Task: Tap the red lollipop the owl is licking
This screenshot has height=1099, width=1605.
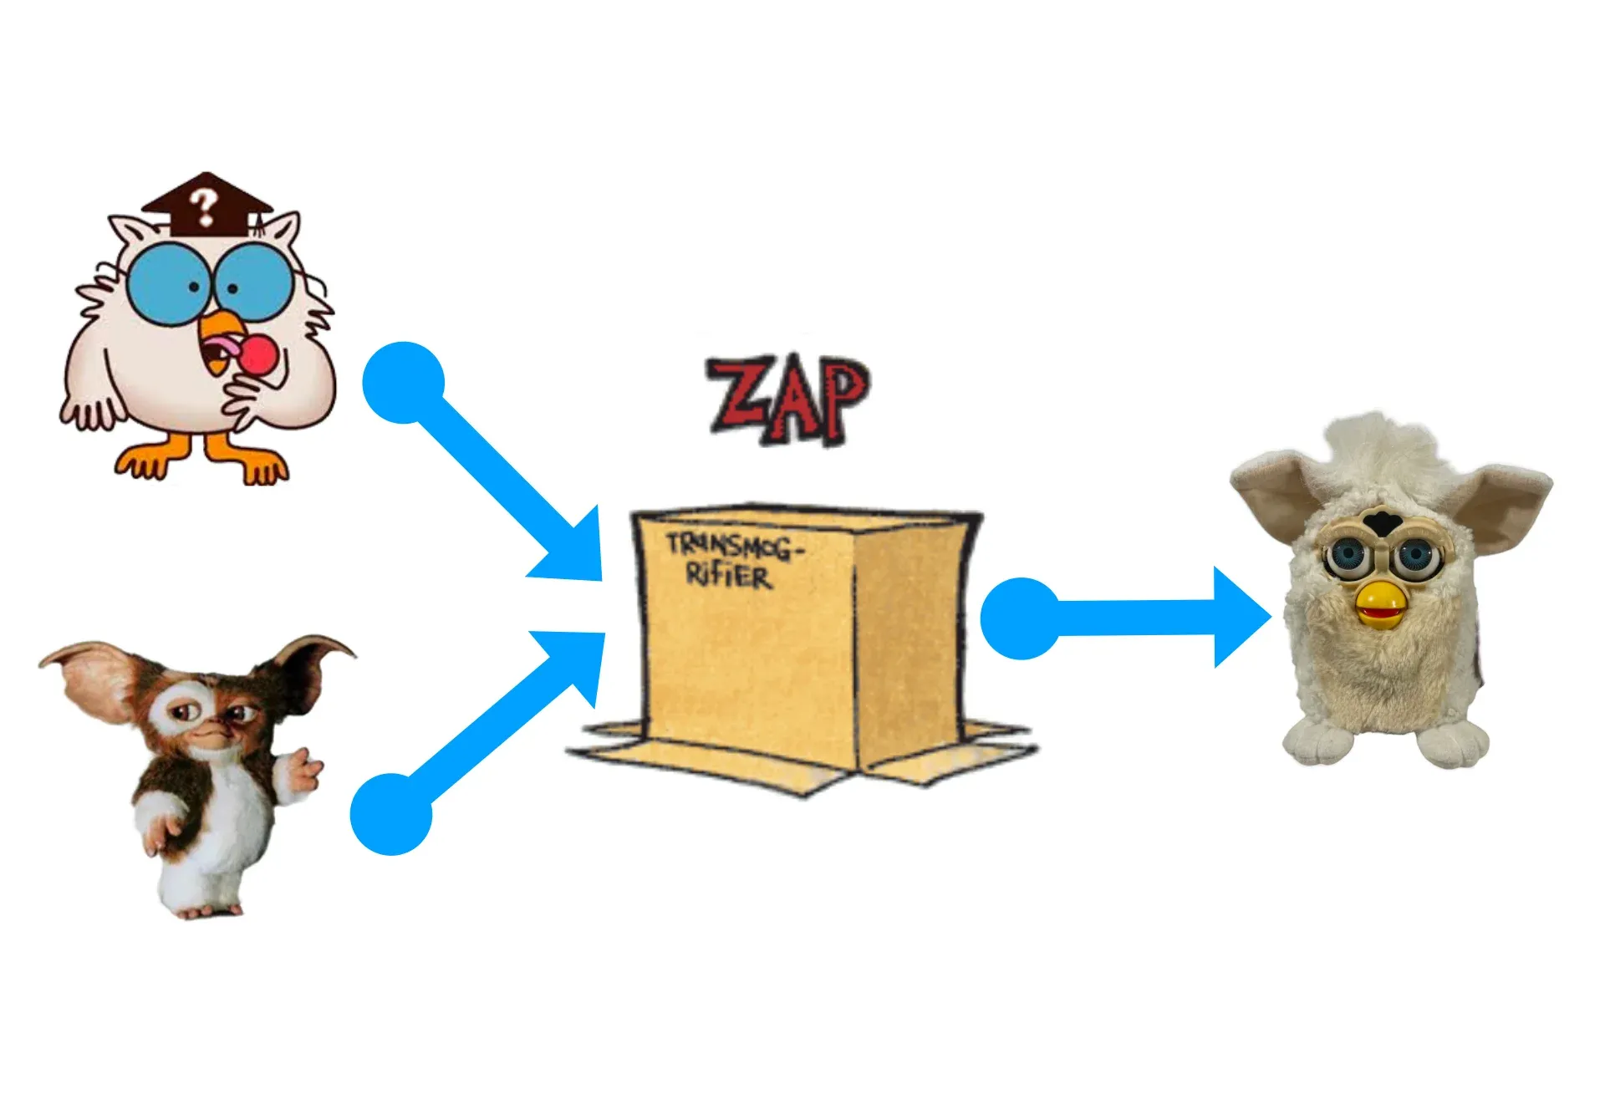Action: [260, 354]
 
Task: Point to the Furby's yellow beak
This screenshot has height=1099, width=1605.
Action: [1378, 606]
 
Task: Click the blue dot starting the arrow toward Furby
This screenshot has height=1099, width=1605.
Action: [1021, 618]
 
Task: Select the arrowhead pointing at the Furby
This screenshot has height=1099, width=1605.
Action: [1242, 618]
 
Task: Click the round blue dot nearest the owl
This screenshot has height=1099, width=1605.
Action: [403, 382]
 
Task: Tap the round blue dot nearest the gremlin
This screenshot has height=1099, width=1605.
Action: [390, 814]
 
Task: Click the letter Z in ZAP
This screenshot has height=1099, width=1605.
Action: [736, 397]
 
